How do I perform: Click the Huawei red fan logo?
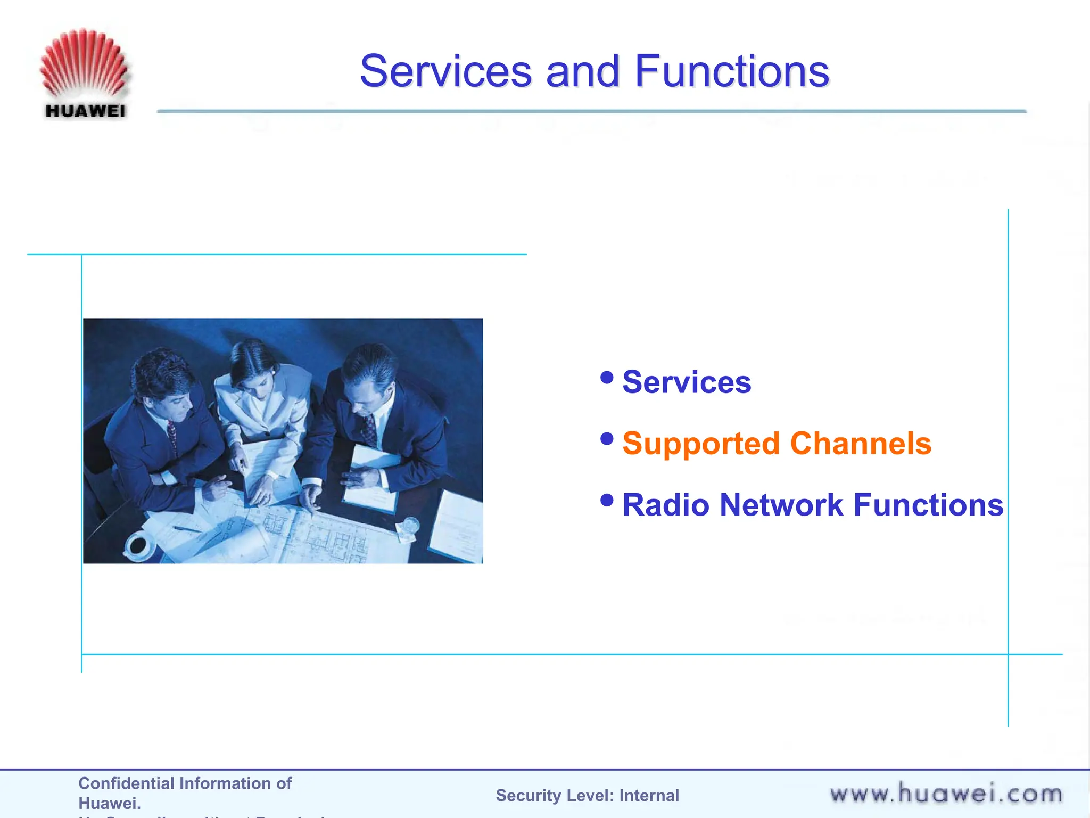tap(84, 64)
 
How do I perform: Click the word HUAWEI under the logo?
tap(86, 111)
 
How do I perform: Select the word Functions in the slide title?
tap(732, 71)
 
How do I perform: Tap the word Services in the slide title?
tap(446, 71)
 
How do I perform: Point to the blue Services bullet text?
tap(687, 382)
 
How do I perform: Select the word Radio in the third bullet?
tap(666, 505)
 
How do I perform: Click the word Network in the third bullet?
tap(781, 505)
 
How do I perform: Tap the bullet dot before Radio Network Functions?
tap(607, 500)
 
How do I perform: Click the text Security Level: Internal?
tap(587, 795)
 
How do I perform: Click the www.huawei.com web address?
tap(946, 794)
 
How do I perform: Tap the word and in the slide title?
tap(583, 71)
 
